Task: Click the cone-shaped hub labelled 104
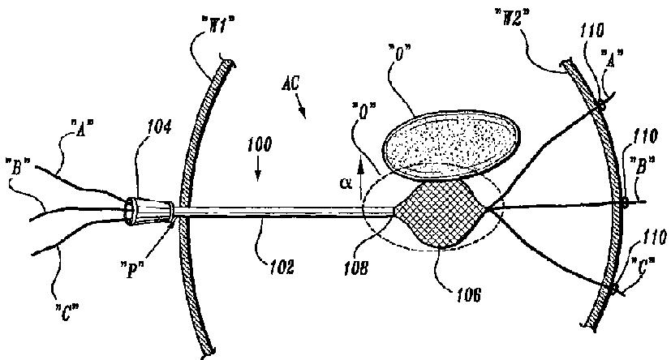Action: pos(148,209)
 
